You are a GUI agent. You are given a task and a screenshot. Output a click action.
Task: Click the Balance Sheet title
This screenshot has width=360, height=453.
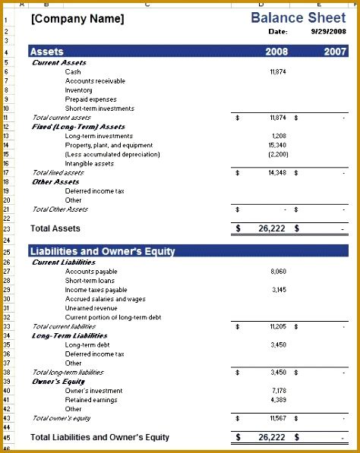[299, 17]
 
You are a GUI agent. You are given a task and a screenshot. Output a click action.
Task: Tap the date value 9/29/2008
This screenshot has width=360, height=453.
[328, 32]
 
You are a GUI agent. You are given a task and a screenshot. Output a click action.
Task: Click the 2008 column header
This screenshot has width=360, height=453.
[276, 52]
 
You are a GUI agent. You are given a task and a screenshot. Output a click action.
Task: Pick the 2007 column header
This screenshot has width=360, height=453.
[335, 52]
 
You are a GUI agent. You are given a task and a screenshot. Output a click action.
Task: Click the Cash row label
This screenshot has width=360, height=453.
[73, 72]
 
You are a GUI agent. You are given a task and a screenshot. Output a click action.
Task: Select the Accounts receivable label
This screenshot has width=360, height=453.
[95, 81]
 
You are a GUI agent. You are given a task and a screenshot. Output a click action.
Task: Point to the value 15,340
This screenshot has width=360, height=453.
[277, 145]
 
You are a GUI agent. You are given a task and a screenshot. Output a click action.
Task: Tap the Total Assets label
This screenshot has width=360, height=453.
[55, 228]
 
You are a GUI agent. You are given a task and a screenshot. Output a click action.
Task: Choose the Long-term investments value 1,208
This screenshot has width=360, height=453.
[279, 136]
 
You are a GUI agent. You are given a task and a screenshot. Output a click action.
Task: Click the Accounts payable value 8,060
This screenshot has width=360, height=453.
[278, 271]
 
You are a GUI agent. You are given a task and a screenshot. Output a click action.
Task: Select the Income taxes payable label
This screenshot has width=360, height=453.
[96, 290]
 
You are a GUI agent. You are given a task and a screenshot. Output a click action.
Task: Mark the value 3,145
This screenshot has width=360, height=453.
[278, 290]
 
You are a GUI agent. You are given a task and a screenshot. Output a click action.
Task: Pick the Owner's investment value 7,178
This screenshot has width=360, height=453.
[278, 391]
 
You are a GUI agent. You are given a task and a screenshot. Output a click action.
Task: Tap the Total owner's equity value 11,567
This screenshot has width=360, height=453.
[277, 418]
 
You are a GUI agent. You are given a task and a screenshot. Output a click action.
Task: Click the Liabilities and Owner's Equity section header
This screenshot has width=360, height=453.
[102, 251]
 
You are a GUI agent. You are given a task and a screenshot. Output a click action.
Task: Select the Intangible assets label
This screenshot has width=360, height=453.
[90, 163]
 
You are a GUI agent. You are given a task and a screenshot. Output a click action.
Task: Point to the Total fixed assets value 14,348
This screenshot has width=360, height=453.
[277, 173]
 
